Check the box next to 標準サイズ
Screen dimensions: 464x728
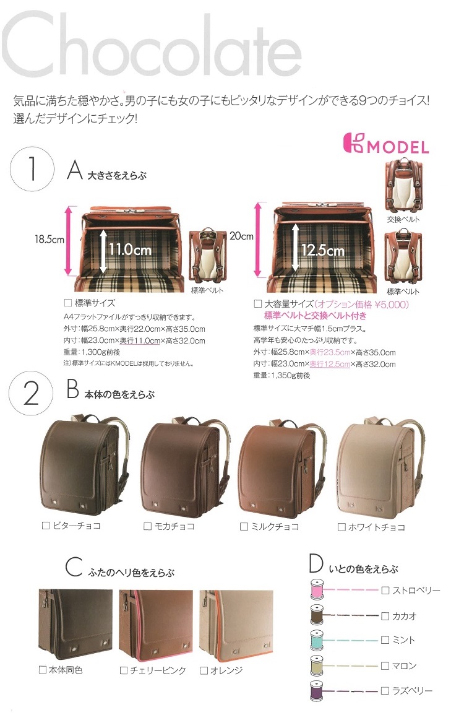click(68, 303)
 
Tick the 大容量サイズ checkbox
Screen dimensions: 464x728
click(257, 304)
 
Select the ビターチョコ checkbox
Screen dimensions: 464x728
click(46, 526)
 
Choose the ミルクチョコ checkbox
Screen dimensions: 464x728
click(244, 526)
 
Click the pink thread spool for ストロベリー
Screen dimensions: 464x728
click(317, 589)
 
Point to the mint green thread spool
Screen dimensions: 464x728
click(317, 640)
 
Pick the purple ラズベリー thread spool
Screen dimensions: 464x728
click(317, 691)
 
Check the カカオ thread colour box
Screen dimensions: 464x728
click(385, 616)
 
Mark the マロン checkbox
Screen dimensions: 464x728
click(385, 666)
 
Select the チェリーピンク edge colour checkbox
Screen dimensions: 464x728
click(124, 670)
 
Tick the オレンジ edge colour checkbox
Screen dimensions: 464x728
click(204, 670)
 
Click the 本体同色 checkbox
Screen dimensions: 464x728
click(43, 670)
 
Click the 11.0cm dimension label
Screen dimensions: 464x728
click(131, 250)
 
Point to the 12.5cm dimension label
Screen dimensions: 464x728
click(323, 250)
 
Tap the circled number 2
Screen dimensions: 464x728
click(31, 393)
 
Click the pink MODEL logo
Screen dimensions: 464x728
click(386, 144)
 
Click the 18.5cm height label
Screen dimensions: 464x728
click(49, 239)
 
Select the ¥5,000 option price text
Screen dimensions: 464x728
click(391, 305)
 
